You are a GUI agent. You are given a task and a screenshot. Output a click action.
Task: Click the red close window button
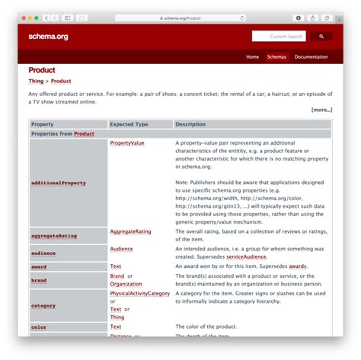[x=22, y=18]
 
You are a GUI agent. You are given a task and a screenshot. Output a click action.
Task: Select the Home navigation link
[x=251, y=57]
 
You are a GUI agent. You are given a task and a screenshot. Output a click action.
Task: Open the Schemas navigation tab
[x=276, y=57]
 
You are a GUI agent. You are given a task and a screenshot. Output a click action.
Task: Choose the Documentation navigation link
[x=311, y=57]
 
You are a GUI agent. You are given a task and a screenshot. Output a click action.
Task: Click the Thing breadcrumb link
[x=36, y=81]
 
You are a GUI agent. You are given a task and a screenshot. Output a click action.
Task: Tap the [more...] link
[x=321, y=110]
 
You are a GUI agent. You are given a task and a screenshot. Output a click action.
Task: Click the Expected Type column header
[x=129, y=124]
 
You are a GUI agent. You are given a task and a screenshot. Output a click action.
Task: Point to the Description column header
[x=190, y=124]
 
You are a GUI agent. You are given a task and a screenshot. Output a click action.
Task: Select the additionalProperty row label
[x=58, y=183]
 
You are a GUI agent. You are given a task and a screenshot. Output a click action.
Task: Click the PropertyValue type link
[x=126, y=142]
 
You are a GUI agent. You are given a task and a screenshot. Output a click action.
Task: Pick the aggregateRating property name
[x=53, y=236]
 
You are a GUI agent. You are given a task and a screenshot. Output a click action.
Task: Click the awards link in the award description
[x=298, y=266]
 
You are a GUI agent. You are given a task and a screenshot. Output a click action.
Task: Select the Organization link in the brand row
[x=126, y=284]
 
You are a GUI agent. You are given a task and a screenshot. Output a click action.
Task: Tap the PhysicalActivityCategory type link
[x=139, y=293]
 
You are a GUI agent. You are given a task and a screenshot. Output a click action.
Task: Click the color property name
[x=39, y=327]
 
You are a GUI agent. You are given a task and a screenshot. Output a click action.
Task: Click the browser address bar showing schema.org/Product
[x=181, y=18]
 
